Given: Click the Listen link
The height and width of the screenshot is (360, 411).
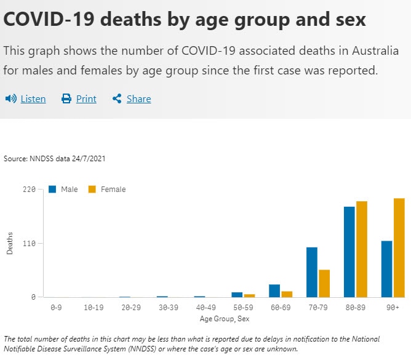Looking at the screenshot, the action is click(x=33, y=99).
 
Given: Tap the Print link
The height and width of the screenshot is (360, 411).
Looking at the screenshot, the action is click(x=86, y=99).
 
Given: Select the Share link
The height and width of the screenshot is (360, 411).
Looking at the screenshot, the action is click(x=138, y=99).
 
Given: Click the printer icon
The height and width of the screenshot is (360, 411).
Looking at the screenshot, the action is click(x=66, y=98).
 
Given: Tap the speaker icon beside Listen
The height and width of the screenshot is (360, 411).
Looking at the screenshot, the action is click(x=10, y=98).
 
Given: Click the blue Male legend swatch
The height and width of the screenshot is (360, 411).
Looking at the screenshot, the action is click(x=52, y=190).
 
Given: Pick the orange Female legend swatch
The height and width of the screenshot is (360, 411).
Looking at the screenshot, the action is click(x=92, y=190).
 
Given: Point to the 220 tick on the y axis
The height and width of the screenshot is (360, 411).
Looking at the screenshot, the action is click(x=29, y=190).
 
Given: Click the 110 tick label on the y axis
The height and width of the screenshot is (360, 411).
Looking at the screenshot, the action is click(x=29, y=244).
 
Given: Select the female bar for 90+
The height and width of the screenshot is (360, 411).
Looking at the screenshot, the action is click(x=399, y=248).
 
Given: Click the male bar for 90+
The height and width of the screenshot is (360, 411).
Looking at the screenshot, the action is click(x=387, y=269).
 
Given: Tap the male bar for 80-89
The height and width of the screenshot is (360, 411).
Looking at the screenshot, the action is click(x=349, y=252).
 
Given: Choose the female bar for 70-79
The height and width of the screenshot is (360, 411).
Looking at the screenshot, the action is click(x=324, y=284).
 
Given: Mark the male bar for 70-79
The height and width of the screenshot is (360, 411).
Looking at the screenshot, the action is click(x=312, y=272).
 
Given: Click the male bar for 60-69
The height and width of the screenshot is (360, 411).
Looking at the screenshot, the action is click(x=274, y=291).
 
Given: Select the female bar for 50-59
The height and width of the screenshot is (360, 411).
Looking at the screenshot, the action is click(x=249, y=296).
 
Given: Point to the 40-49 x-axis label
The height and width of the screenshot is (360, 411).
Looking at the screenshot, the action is click(x=205, y=307).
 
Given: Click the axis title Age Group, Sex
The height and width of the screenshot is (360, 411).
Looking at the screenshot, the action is click(x=225, y=319).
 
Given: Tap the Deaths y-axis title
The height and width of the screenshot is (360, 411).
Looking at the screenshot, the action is click(x=10, y=243).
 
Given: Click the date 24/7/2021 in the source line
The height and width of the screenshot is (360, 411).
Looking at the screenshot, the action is click(x=89, y=159).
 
